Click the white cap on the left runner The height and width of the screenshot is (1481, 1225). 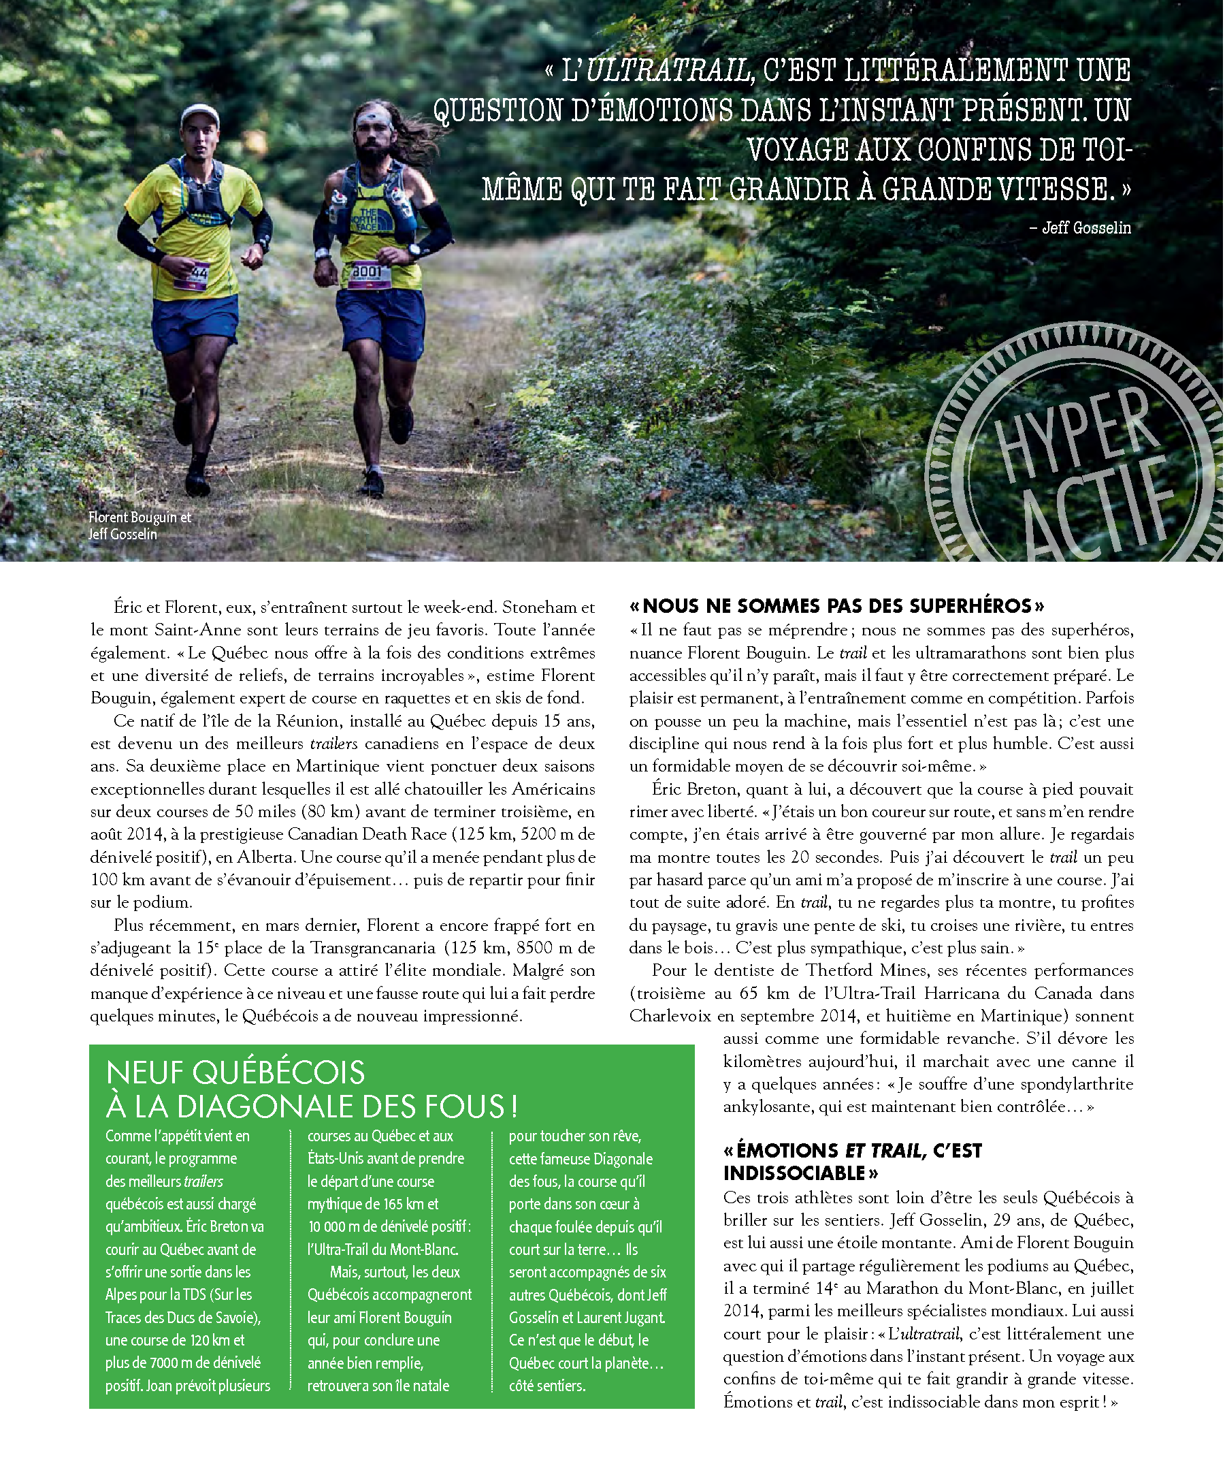click(x=199, y=115)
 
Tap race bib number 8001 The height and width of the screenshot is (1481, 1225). click(x=367, y=273)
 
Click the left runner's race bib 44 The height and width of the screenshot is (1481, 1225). click(x=198, y=274)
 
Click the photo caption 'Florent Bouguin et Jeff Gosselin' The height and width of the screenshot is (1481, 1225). click(x=140, y=526)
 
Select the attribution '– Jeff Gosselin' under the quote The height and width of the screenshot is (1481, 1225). click(x=1080, y=228)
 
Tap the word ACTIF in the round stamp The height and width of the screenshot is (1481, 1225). click(x=1100, y=508)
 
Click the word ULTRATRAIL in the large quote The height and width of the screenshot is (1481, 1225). click(x=668, y=71)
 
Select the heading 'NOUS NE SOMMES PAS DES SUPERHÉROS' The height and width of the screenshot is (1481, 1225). click(x=836, y=606)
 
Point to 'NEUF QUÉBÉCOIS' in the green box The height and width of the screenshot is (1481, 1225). click(x=235, y=1072)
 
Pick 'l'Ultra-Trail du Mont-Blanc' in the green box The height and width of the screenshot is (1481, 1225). click(x=382, y=1249)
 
